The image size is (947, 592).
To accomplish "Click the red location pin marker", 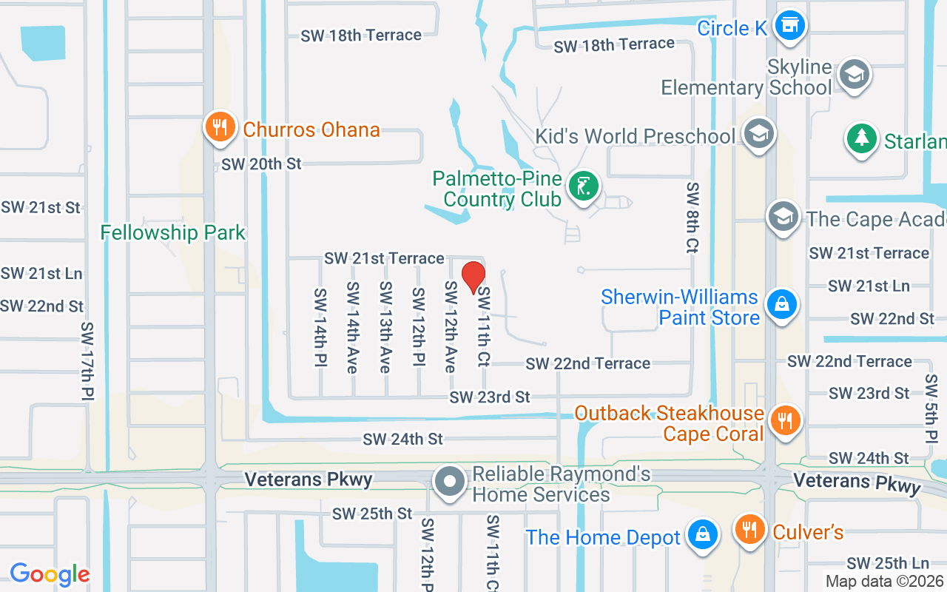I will tap(473, 277).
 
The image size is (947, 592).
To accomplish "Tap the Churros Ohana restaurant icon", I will tap(219, 127).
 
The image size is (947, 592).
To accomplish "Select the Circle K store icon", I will tap(789, 27).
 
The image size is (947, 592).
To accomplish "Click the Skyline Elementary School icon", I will tap(855, 74).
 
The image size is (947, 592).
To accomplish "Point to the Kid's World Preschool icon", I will tap(758, 135).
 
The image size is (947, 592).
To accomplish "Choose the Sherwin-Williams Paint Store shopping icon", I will tap(781, 304).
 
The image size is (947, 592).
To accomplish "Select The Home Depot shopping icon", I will tap(702, 534).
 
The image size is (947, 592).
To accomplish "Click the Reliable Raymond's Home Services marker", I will tap(449, 482).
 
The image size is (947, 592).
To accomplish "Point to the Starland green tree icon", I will tap(861, 139).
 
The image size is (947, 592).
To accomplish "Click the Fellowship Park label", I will tap(172, 232).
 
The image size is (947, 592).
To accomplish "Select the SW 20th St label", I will tap(261, 164).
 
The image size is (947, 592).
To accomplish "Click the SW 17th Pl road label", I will tap(87, 361).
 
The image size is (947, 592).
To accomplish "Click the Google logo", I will tap(50, 574).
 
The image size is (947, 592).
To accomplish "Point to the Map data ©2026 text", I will tap(885, 581).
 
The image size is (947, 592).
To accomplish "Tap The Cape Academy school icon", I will tap(783, 217).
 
